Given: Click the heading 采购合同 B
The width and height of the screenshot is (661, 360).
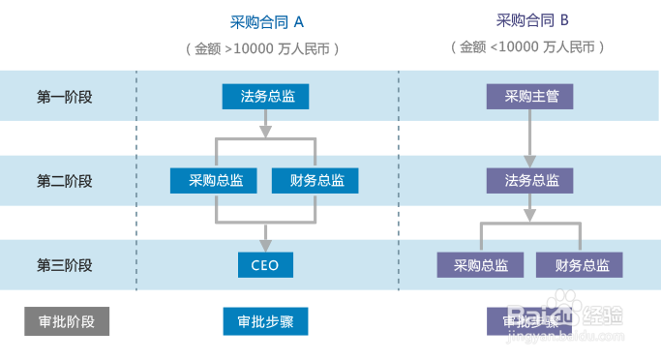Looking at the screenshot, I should point(531,20).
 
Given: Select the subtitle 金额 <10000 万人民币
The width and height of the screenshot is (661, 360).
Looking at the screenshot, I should point(530,46).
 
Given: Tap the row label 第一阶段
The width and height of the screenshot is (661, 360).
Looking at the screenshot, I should point(65,96).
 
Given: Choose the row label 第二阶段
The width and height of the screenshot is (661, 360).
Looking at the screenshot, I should point(65,180).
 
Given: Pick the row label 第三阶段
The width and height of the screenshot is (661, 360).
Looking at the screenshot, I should point(65,265).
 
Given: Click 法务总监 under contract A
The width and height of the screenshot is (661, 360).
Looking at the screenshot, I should point(267,96).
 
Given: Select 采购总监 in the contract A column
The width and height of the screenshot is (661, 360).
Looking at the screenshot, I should point(216,180).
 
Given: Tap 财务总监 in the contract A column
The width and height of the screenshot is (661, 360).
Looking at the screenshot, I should point(316,180).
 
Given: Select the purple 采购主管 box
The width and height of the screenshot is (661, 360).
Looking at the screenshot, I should point(530,96).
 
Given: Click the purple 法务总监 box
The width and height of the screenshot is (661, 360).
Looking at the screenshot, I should point(530,180).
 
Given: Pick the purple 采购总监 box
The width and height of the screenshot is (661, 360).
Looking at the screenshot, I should point(480,265).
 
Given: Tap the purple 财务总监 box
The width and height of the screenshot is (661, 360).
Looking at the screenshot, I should point(581,265).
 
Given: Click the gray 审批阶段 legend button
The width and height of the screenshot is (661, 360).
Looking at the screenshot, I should point(67,321).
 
